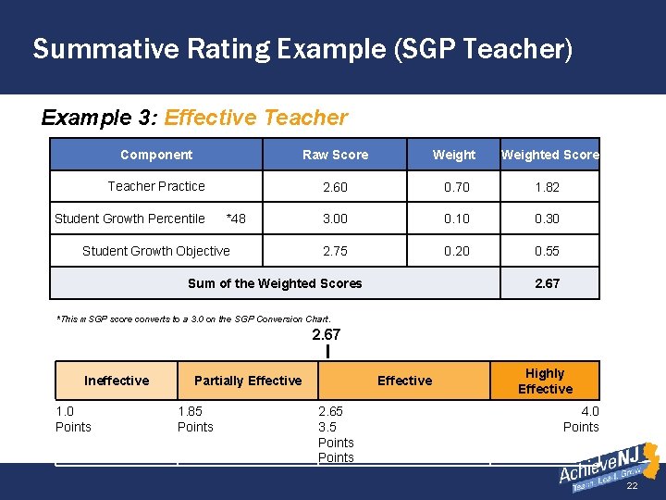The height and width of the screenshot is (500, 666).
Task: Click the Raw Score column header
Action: tap(335, 155)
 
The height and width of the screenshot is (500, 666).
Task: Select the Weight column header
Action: tap(453, 155)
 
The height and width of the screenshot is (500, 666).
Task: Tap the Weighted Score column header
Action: tap(549, 155)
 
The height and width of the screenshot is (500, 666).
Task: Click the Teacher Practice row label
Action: tap(156, 186)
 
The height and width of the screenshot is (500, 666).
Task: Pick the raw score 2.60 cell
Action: tap(335, 187)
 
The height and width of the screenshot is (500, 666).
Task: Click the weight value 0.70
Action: tap(456, 187)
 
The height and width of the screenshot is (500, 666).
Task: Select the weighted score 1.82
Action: tap(547, 187)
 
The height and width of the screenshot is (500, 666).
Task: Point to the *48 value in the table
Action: tap(236, 219)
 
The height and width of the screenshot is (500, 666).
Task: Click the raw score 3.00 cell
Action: tap(335, 219)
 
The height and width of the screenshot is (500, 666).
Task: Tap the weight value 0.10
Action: tap(456, 219)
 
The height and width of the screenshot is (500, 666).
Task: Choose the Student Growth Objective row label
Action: tap(156, 251)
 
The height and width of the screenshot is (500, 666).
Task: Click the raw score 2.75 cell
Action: tap(335, 251)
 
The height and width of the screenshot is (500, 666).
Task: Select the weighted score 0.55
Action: tap(547, 251)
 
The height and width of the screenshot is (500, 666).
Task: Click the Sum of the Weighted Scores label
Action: tap(275, 283)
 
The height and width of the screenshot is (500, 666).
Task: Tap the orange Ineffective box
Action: tap(117, 381)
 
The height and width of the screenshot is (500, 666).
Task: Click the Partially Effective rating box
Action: tap(248, 381)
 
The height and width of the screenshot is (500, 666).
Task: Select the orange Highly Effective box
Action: tap(545, 381)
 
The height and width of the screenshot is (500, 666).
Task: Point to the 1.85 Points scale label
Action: tap(195, 419)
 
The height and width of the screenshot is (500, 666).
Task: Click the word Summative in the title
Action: tap(100, 48)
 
